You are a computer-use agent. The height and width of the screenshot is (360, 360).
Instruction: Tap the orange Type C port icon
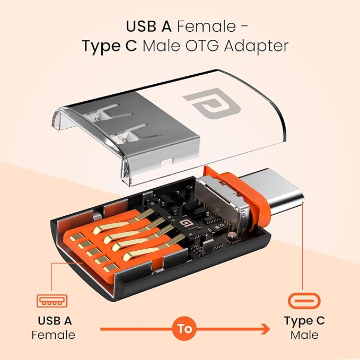click(x=304, y=301)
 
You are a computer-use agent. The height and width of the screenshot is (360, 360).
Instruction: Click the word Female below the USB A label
click(x=53, y=335)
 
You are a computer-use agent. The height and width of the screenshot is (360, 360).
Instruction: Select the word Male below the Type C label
click(x=304, y=335)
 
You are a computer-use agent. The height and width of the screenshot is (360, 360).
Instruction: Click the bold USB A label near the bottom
click(x=54, y=321)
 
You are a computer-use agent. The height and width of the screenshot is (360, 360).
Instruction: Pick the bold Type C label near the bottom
click(x=304, y=321)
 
